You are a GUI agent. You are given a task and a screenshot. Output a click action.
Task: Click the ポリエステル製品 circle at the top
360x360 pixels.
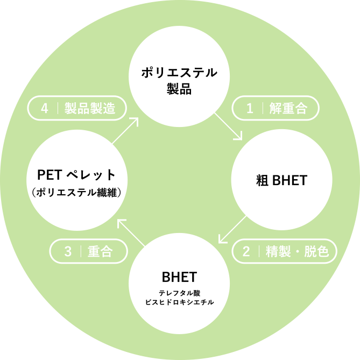[x=179, y=76]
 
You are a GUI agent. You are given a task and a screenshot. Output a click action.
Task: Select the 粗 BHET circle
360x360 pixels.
[x=282, y=180]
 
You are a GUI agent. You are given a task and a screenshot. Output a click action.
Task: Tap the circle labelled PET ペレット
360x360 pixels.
[x=77, y=180]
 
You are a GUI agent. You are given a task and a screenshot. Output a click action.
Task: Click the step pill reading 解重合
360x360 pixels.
[x=276, y=108]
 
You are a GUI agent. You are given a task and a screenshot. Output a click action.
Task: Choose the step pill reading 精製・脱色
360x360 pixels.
[x=285, y=251]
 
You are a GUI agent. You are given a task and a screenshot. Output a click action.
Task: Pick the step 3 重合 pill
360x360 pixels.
[x=88, y=251]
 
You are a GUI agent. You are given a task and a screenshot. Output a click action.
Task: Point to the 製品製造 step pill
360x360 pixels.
[x=77, y=108]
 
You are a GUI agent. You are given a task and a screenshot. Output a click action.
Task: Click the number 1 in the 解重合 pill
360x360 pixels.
[x=250, y=108]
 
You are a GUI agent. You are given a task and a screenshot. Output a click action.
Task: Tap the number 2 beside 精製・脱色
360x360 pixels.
[x=246, y=251]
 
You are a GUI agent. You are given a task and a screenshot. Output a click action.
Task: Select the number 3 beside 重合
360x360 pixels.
[x=68, y=251]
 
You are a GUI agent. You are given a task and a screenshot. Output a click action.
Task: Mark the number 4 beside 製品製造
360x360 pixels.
[x=45, y=108]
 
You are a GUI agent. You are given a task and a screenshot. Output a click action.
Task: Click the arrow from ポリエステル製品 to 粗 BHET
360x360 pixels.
[x=229, y=126]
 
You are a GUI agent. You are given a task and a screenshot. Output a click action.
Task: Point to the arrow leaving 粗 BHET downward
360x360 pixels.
[x=232, y=229]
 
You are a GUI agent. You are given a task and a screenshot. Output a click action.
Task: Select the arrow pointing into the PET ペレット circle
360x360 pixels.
[x=131, y=233]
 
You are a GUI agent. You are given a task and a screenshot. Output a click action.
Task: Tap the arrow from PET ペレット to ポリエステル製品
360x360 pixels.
[x=125, y=130]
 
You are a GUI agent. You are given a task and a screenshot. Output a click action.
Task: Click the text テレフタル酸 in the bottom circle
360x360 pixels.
[x=179, y=293]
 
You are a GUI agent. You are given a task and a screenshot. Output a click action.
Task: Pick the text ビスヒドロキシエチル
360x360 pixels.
[x=179, y=302]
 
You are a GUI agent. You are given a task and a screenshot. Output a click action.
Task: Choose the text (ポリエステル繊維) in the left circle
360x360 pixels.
[x=77, y=193]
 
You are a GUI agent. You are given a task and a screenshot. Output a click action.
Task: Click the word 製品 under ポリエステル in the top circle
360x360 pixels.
[x=179, y=89]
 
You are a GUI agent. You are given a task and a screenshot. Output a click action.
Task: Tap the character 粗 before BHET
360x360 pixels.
[x=262, y=180]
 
